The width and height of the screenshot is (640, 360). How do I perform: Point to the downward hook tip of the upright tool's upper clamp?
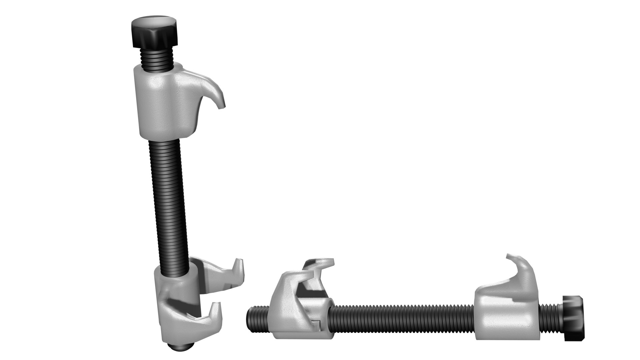pos(221,105)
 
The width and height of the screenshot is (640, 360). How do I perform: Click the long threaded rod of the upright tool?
pos(168,193)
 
